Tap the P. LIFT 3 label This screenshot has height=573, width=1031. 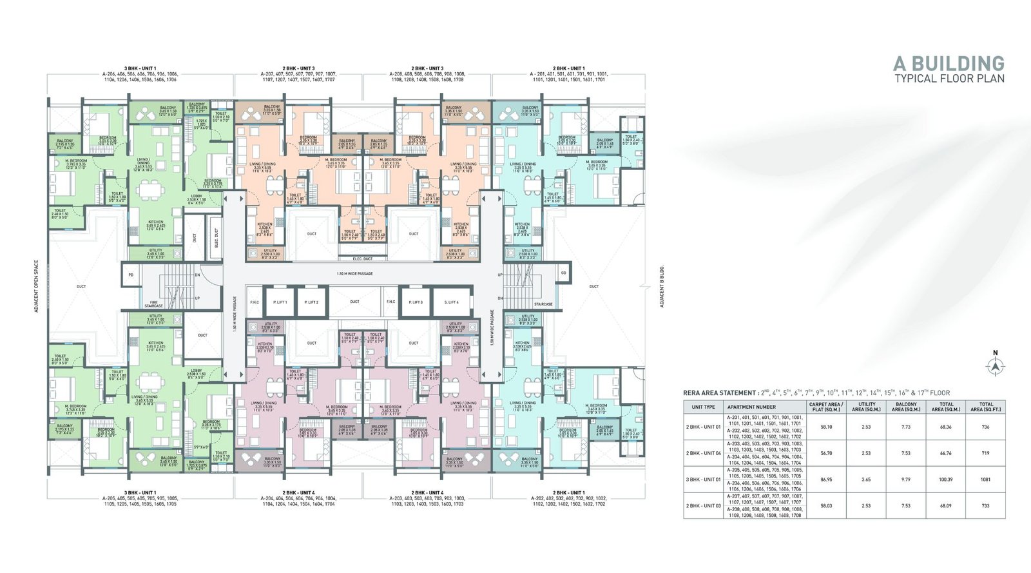pos(415,302)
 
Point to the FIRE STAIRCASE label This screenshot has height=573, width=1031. pos(154,304)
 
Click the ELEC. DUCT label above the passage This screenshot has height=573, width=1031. pos(363,258)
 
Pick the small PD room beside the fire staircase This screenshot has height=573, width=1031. pos(131,273)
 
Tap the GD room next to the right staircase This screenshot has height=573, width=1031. pos(563,273)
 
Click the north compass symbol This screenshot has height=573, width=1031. pos(996,366)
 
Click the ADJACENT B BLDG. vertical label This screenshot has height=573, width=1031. pos(661,286)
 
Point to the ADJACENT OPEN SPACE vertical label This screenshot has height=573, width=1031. pos(37,286)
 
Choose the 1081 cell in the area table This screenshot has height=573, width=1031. pos(985,480)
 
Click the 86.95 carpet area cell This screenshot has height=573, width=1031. pos(825,480)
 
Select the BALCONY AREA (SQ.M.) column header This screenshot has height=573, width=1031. pos(906,407)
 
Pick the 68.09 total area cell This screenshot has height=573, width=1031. pos(945,506)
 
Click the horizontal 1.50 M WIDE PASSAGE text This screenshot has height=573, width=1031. pos(354,274)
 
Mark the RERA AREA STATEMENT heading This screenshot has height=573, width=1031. pos(720,393)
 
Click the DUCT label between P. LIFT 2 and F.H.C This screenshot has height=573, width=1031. pos(354,302)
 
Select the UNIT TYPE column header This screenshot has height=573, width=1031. pos(703,407)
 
